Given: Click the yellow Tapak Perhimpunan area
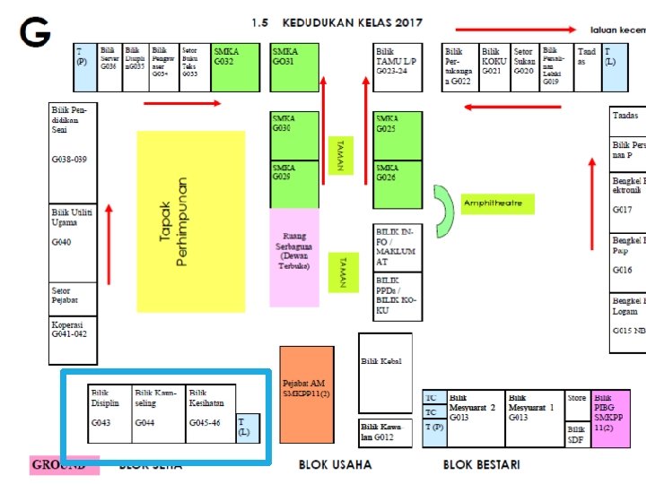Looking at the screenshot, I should pyautogui.click(x=190, y=221).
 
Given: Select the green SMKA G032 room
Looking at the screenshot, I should pyautogui.click(x=236, y=67).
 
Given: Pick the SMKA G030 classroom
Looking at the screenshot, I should pyautogui.click(x=294, y=136).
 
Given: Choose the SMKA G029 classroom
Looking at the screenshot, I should pyautogui.click(x=294, y=185).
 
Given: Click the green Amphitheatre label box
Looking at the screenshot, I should pyautogui.click(x=498, y=203).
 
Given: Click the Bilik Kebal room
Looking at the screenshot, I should pyautogui.click(x=385, y=373).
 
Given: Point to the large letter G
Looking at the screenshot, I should pyautogui.click(x=36, y=33).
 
